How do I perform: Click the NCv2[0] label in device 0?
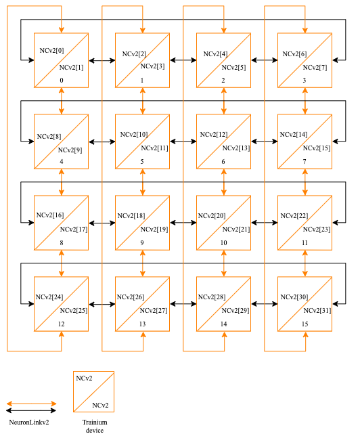[x=52, y=51]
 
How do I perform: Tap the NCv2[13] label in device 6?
[x=235, y=148]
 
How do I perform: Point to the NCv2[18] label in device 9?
[x=131, y=215]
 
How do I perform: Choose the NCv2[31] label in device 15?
[x=315, y=310]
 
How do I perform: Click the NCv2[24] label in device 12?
[x=49, y=297]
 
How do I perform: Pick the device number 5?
[x=142, y=162]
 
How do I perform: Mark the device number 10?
[x=223, y=243]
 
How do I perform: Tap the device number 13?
[x=142, y=324]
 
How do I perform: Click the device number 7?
[x=305, y=162]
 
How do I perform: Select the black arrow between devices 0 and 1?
[x=102, y=61]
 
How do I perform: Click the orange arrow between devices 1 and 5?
[x=143, y=101]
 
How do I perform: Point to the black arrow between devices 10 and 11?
[x=265, y=223]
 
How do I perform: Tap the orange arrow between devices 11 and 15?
[x=305, y=263]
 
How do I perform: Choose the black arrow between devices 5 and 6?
[x=183, y=142]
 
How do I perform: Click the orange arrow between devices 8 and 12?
[x=62, y=263]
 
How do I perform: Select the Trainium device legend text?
[x=95, y=425]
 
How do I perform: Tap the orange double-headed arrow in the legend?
[x=32, y=403]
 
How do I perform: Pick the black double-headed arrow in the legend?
[x=32, y=410]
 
